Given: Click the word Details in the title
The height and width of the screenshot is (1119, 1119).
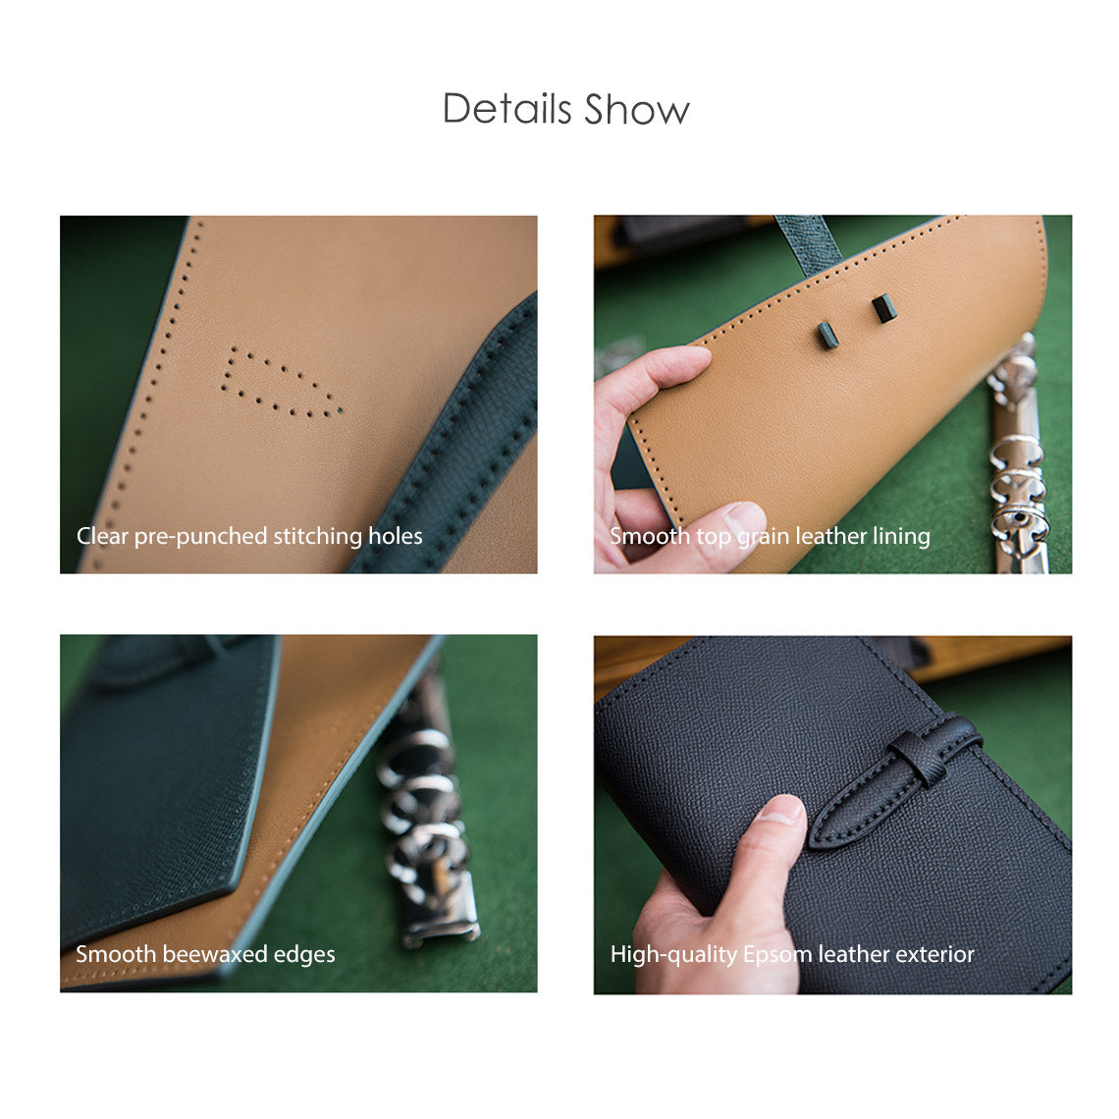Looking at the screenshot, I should (506, 109).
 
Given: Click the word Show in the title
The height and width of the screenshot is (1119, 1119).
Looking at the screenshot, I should (637, 109).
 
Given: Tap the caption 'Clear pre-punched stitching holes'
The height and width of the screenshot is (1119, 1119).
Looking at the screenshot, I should (249, 536).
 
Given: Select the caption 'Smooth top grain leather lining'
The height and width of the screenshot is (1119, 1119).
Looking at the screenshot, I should (770, 536).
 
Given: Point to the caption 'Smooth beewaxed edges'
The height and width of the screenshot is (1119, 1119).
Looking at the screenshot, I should (205, 954).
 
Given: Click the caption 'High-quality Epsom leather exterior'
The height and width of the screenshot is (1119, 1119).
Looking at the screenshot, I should (792, 954).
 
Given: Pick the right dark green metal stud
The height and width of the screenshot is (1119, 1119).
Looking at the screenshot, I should (884, 308).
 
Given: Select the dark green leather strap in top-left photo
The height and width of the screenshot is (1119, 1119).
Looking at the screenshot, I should (461, 442).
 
